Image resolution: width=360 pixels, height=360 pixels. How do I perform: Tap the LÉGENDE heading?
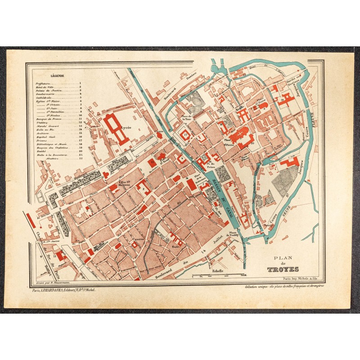click(58, 76)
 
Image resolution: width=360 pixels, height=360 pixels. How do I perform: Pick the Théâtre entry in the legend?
click(44, 125)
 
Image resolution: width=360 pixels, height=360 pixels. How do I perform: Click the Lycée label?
click(126, 128)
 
